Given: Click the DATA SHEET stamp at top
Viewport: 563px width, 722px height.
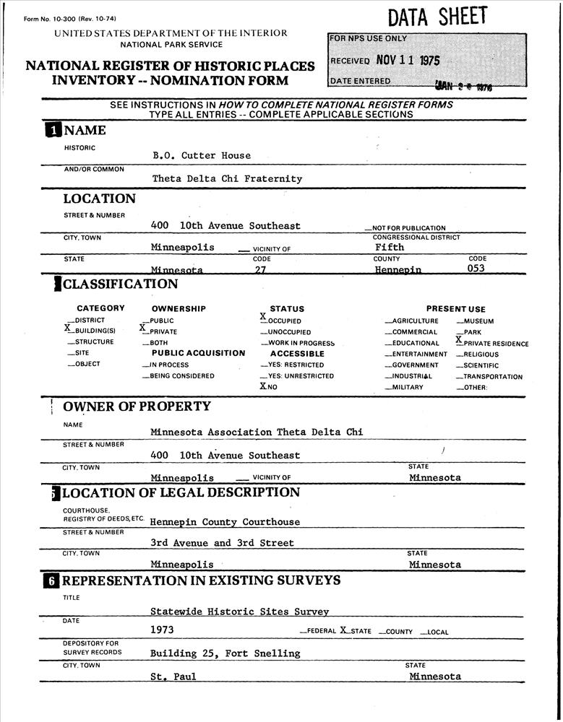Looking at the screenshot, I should click(x=437, y=17).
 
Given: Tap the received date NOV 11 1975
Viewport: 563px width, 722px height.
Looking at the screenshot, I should click(x=408, y=61).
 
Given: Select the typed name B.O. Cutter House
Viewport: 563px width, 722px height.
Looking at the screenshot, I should click(x=202, y=155).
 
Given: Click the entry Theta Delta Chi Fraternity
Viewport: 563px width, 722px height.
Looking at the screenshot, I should click(x=227, y=178).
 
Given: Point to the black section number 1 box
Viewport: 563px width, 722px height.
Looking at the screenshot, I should click(x=53, y=131).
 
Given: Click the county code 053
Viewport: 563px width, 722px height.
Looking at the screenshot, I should click(x=476, y=269).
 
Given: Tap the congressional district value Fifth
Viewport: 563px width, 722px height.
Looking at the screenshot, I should click(x=390, y=247).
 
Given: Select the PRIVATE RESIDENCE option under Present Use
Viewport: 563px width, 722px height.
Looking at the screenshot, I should click(x=492, y=344).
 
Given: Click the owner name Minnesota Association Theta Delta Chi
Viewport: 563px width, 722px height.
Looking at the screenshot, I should click(x=257, y=432).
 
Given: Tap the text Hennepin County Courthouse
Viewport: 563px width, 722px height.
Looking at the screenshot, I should click(x=225, y=522).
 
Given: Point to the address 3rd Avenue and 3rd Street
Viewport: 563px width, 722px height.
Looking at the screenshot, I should click(x=222, y=543).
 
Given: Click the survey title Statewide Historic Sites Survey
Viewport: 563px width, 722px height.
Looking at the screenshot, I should click(x=239, y=612).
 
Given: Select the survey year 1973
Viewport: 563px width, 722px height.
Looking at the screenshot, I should click(x=162, y=630).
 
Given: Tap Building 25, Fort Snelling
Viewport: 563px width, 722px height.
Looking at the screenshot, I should click(x=225, y=653).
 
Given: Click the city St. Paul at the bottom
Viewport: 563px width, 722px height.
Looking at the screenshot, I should click(x=173, y=677).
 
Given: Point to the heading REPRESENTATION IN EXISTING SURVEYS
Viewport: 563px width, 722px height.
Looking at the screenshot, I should click(x=201, y=581).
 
